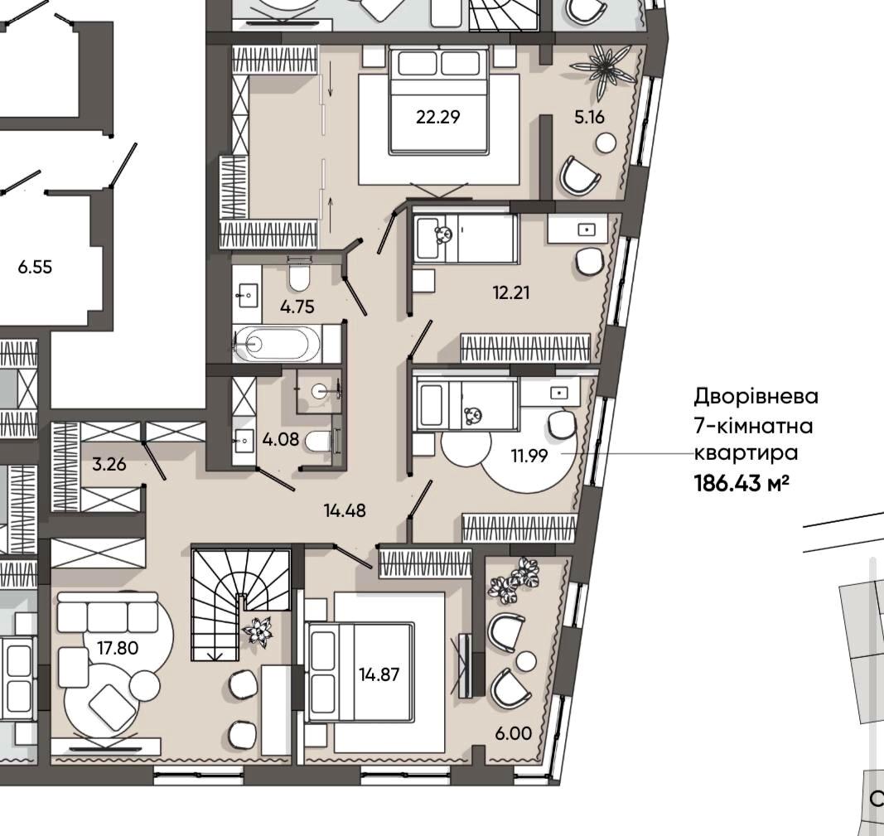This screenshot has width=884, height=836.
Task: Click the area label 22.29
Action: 438,117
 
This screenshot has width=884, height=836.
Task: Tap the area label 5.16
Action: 589,117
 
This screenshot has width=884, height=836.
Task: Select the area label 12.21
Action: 511,293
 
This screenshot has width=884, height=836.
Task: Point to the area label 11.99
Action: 529,456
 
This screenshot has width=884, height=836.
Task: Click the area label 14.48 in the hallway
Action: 345,510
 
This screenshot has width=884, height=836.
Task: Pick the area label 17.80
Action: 118,648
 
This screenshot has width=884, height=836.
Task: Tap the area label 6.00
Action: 513,733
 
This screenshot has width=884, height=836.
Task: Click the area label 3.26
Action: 109,465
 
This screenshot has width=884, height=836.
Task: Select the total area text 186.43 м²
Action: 741,483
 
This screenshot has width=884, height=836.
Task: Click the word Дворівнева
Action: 756,396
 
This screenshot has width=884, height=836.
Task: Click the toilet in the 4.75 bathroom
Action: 299,274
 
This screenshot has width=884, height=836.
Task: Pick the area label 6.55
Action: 35,267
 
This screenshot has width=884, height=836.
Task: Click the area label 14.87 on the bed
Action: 379,674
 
